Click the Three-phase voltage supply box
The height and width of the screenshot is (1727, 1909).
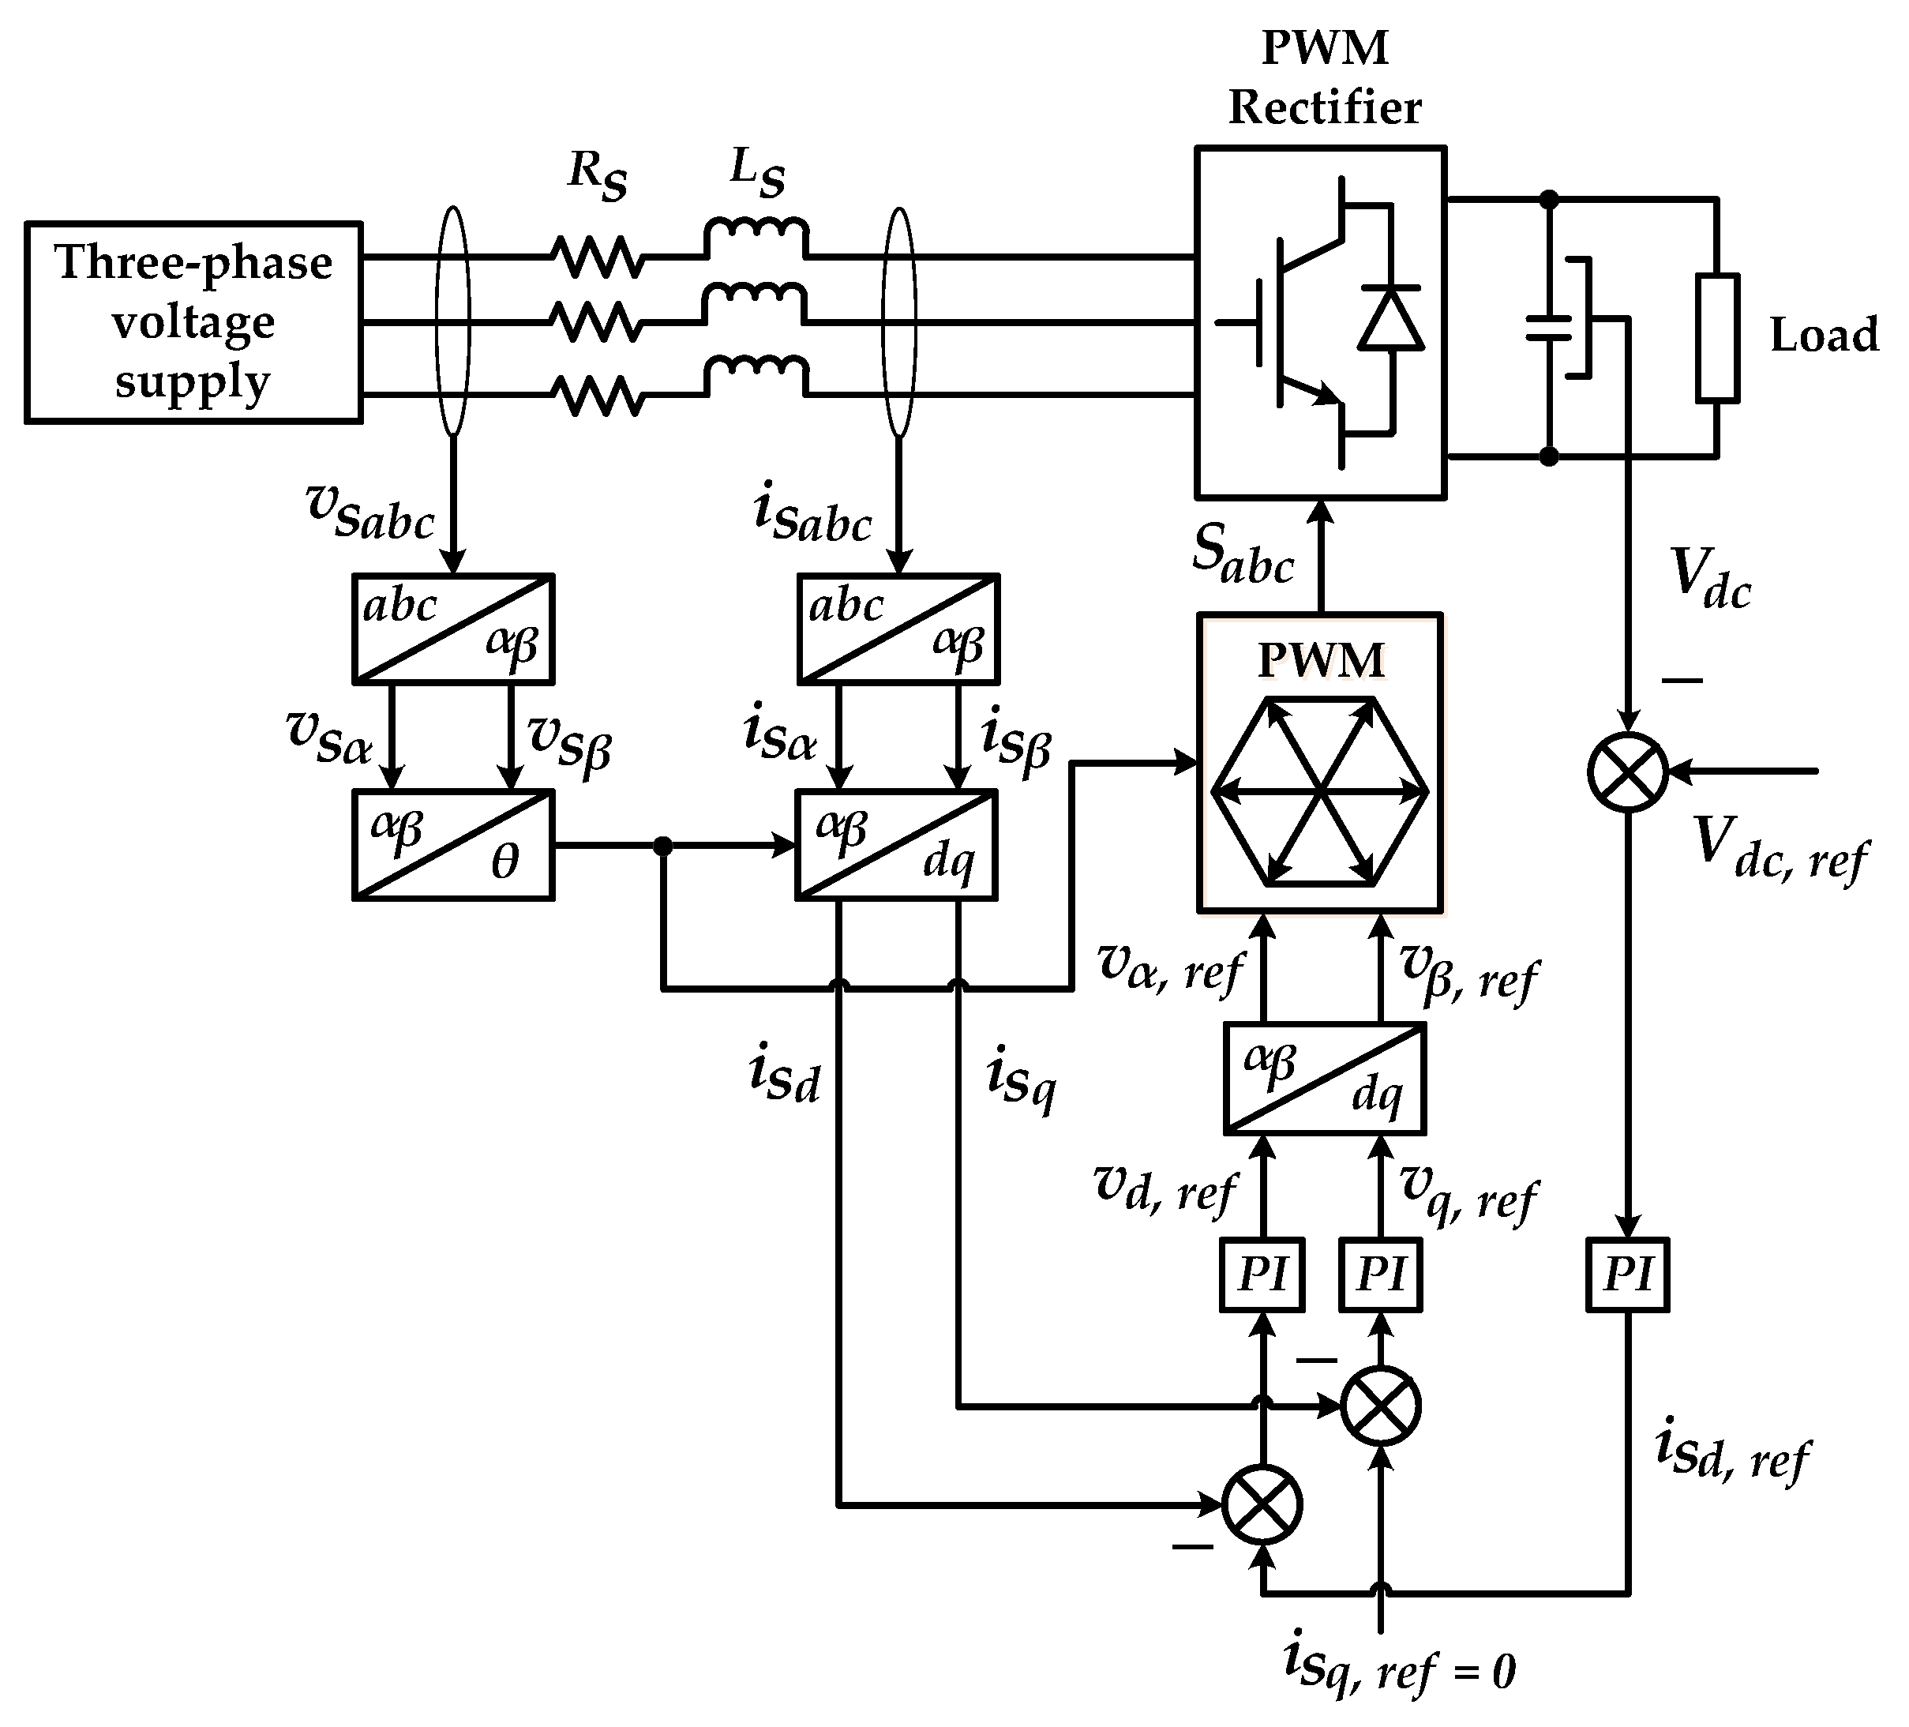(193, 322)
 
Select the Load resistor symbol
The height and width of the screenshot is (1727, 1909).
(1717, 338)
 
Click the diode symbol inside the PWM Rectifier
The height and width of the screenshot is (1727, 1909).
(1390, 319)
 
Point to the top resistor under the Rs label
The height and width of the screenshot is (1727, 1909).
(598, 257)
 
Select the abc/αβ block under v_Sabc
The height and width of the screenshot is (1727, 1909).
(452, 628)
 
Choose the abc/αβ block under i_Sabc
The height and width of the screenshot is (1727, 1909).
(898, 628)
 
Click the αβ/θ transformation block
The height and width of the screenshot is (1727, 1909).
(452, 844)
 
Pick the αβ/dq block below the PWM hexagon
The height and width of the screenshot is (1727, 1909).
(1324, 1078)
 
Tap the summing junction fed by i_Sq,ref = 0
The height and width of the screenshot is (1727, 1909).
(1381, 1406)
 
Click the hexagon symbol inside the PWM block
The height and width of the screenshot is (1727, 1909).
(1319, 791)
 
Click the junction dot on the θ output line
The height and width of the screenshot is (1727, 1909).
(663, 845)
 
